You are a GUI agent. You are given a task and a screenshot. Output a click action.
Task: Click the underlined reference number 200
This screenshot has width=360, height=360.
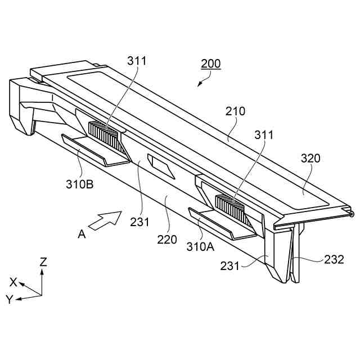coord(211,64)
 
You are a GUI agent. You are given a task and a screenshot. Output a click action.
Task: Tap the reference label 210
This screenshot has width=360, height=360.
coord(236,111)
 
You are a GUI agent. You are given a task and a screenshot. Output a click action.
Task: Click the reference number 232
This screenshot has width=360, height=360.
coord(334,259)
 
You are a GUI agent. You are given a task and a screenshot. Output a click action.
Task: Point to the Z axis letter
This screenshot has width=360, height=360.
coord(43,262)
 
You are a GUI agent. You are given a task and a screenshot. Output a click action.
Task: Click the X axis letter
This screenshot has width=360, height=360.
coord(13,282)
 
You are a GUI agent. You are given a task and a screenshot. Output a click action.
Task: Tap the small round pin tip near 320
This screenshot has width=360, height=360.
coord(352,214)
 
